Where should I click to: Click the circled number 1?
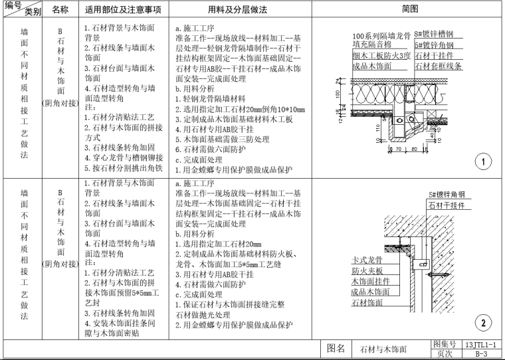[484, 161]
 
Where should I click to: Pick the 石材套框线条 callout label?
[438, 66]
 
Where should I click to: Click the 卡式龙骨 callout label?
[366, 260]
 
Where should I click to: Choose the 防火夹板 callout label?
[366, 270]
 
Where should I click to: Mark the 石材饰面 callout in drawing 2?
[366, 302]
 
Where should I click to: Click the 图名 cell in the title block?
[336, 349]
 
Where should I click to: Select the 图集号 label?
[444, 345]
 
